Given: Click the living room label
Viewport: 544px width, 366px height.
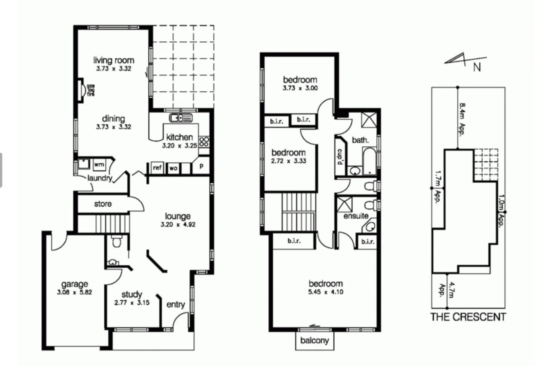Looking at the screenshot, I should coord(114,60).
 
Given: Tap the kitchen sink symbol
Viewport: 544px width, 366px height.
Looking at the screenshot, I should coord(181,118).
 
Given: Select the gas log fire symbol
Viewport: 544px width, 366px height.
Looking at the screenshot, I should coord(82,90).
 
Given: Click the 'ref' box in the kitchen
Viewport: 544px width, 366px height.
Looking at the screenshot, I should coord(157,167).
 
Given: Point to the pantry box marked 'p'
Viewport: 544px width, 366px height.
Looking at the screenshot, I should coord(202,166).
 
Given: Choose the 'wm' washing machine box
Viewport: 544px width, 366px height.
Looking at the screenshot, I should coord(99,164).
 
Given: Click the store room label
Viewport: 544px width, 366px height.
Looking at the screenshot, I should coord(103,204).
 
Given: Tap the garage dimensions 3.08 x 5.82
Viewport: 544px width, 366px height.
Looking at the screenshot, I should coord(75,292).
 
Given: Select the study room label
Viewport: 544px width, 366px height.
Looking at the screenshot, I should coord(132,294).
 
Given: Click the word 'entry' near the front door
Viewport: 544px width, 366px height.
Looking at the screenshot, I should coord(175,304).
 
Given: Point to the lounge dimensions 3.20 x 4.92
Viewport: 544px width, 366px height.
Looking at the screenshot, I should coord(178,224).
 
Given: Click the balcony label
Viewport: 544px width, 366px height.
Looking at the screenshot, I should coord(314,340).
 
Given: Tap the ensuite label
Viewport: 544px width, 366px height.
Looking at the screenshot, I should coord(356,216).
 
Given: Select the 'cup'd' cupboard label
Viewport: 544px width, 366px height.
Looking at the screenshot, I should coord(340,157).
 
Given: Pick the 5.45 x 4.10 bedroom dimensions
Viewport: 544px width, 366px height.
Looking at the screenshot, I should coord(326,292).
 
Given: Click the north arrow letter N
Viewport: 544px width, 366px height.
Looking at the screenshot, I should coord(477,67).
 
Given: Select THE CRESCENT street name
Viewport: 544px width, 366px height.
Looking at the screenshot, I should coord(468,317).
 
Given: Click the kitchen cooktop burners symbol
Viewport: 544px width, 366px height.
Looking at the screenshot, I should coord(204,141).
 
